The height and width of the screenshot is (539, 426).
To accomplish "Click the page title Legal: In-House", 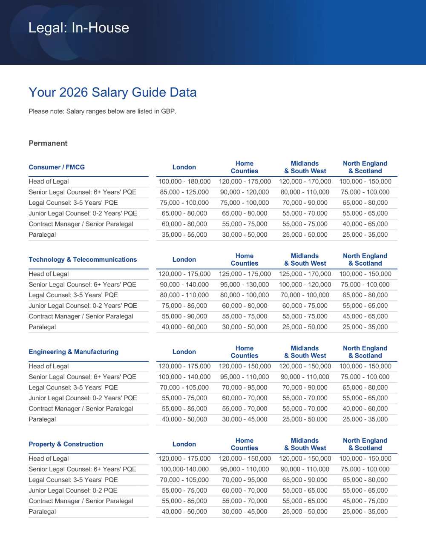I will [78, 28].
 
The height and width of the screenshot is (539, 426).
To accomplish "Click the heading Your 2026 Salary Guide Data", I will [112, 92].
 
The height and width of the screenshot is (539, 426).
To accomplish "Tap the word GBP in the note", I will [168, 111].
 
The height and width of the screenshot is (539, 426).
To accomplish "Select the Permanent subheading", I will [48, 143].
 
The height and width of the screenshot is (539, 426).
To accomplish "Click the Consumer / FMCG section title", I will [57, 167].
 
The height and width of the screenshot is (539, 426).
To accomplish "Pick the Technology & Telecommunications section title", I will [83, 260].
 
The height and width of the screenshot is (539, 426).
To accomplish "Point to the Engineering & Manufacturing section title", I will [73, 352].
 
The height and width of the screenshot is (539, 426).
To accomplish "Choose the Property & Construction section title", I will [66, 444].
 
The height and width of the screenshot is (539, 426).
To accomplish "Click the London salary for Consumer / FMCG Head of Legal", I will [184, 181].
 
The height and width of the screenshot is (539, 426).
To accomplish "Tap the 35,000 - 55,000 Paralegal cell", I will [184, 235].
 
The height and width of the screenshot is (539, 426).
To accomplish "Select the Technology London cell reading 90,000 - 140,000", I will [184, 284].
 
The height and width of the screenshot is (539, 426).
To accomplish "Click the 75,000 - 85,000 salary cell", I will [184, 306].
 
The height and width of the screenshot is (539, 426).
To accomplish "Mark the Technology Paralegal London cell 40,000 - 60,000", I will [184, 327].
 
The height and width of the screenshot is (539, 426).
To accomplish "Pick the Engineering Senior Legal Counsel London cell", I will [184, 377].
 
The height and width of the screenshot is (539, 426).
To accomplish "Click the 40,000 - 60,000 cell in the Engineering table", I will [365, 409].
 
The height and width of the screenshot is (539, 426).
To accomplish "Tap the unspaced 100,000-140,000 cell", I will [184, 469].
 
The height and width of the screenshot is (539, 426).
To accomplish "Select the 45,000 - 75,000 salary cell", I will [365, 501].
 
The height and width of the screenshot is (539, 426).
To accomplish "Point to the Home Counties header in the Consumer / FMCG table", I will [245, 167].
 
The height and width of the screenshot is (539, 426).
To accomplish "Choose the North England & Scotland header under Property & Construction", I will [365, 444].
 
